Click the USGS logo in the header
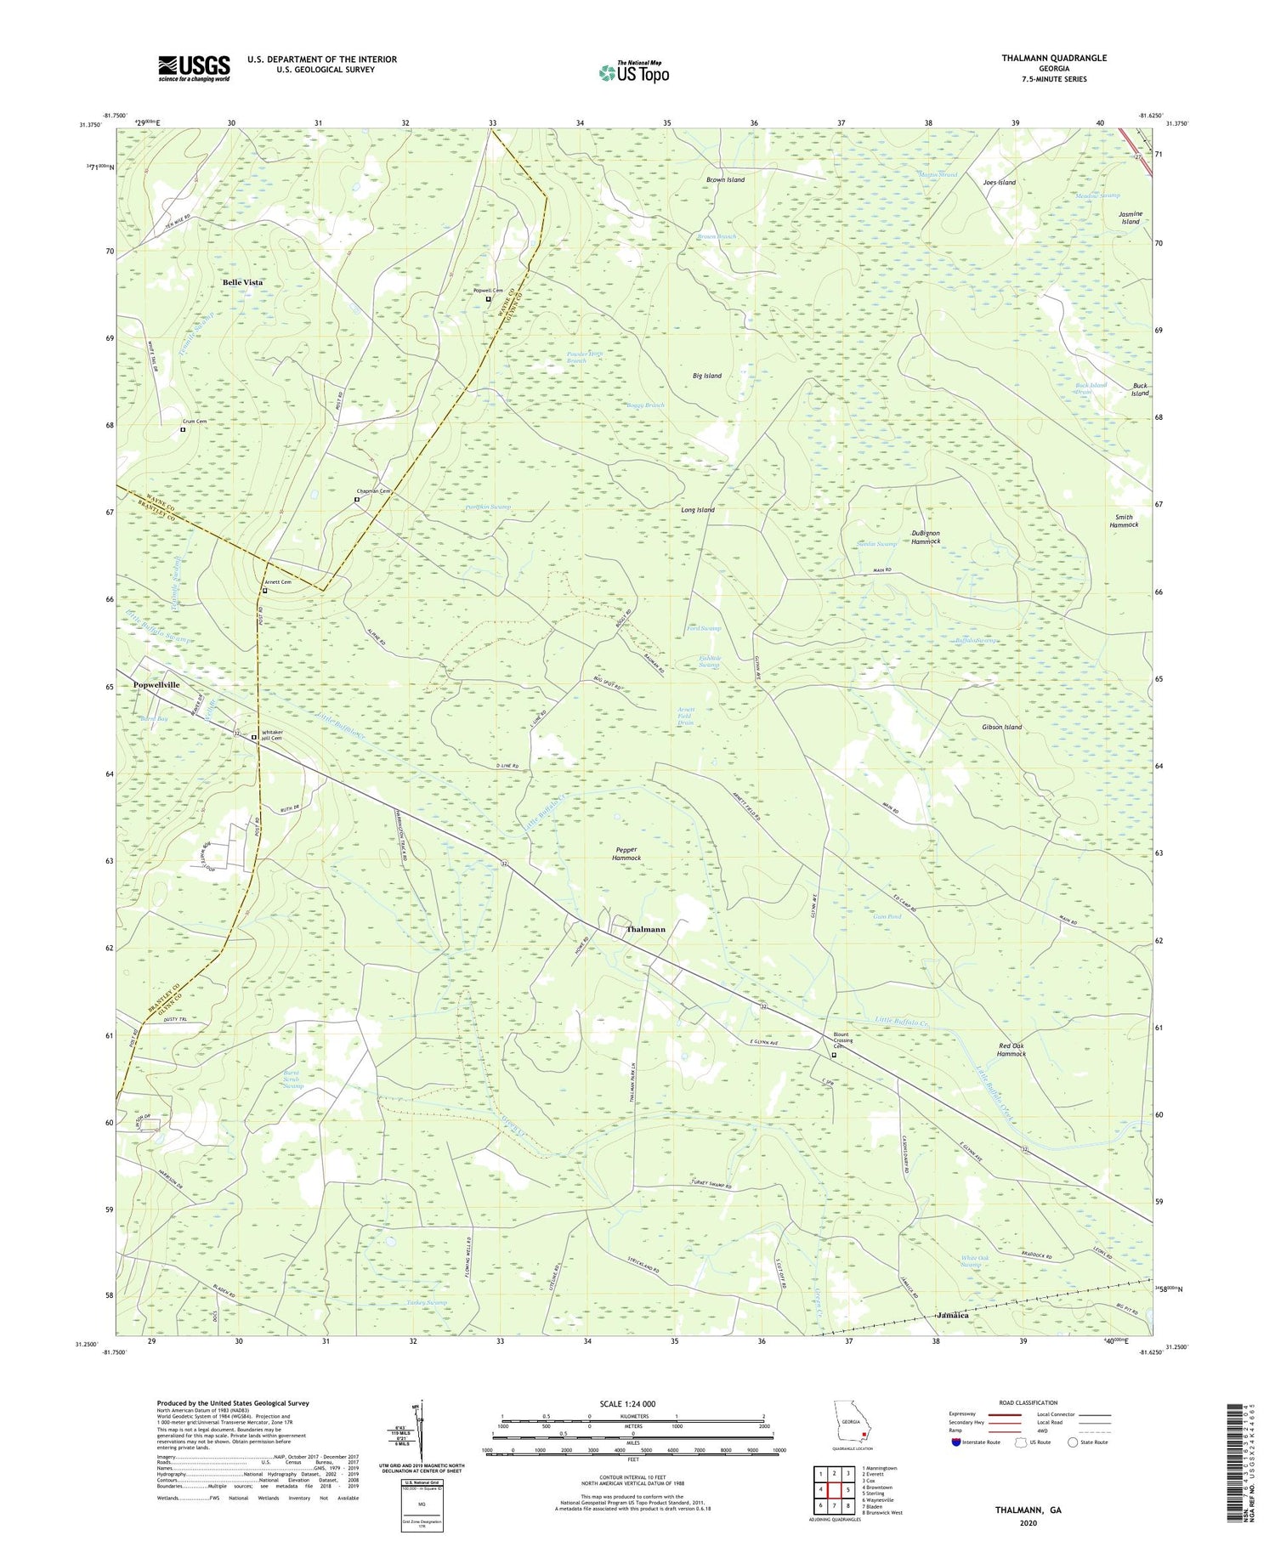point(194,68)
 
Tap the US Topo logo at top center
point(633,73)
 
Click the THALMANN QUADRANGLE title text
point(1053,58)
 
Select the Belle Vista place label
point(242,282)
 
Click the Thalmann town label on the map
point(645,930)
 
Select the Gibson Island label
point(1001,728)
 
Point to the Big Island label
point(706,376)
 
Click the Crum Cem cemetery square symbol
point(183,430)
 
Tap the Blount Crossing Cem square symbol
point(834,1055)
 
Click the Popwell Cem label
point(488,291)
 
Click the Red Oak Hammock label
point(1011,1050)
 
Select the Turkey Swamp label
point(426,1302)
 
